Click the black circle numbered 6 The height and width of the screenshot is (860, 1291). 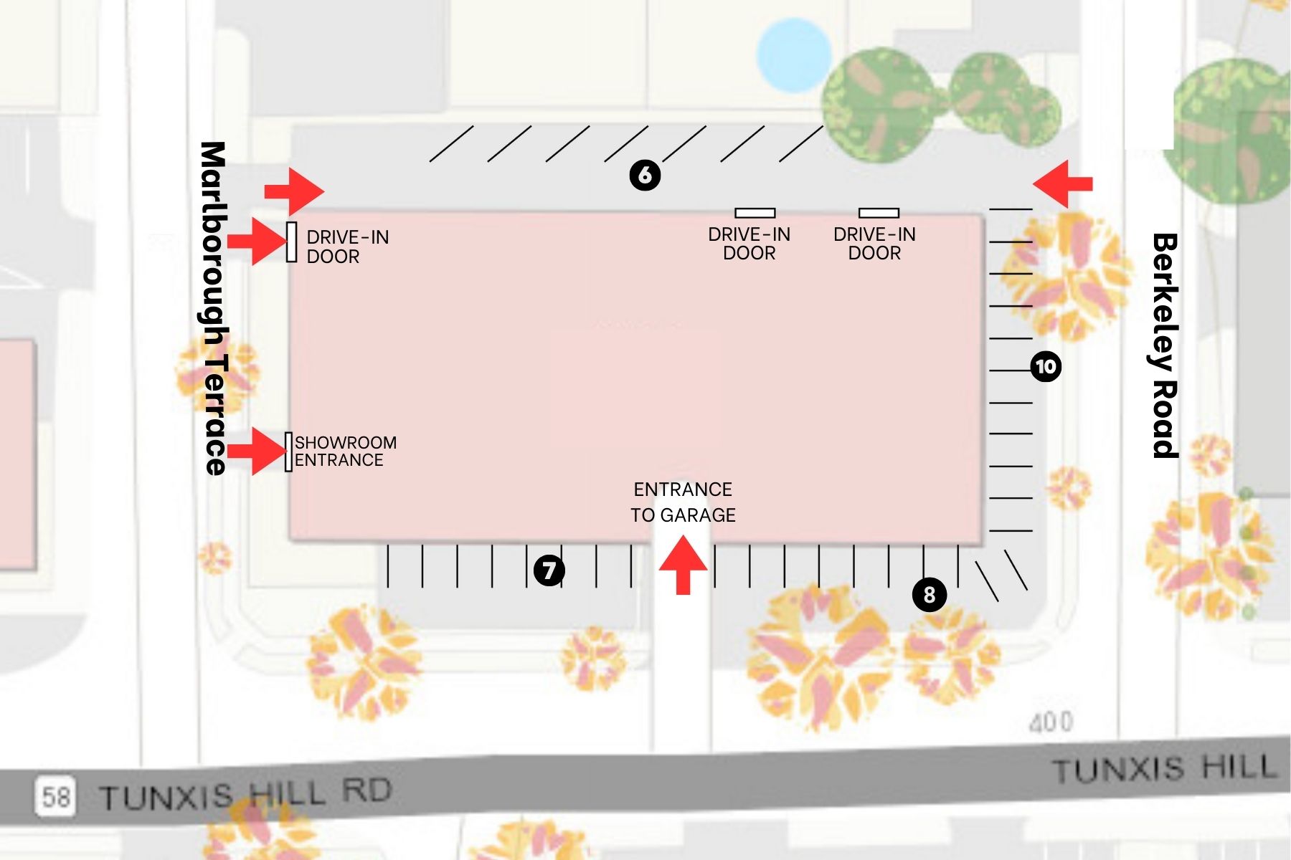pyautogui.click(x=645, y=175)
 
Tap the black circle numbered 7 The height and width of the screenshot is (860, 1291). pyautogui.click(x=549, y=570)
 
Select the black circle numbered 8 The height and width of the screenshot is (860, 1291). pyautogui.click(x=929, y=595)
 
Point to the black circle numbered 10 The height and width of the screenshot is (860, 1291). pyautogui.click(x=1045, y=367)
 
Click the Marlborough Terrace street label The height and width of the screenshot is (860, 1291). pyautogui.click(x=213, y=308)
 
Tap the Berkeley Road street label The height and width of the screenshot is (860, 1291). pyautogui.click(x=1165, y=345)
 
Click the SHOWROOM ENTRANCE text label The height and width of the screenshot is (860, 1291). pyautogui.click(x=345, y=451)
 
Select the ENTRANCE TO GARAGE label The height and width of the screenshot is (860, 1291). pyautogui.click(x=683, y=502)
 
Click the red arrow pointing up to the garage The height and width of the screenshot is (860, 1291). pyautogui.click(x=683, y=565)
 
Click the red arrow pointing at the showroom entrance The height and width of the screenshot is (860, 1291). pyautogui.click(x=257, y=451)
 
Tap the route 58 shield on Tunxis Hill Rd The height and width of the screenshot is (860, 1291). pyautogui.click(x=55, y=796)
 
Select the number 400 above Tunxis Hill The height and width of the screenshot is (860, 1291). pyautogui.click(x=1051, y=722)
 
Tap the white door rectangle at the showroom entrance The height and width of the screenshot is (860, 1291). pyautogui.click(x=288, y=451)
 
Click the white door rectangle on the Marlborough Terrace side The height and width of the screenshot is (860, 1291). pyautogui.click(x=291, y=242)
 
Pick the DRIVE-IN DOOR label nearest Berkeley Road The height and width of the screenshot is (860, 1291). pyautogui.click(x=874, y=244)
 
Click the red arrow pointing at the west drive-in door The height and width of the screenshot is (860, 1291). pyautogui.click(x=257, y=242)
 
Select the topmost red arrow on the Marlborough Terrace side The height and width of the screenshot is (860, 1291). pyautogui.click(x=294, y=191)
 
